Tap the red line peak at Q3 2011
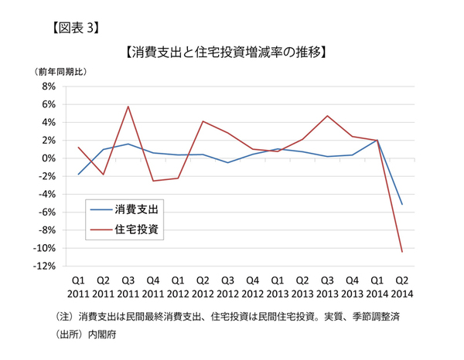(128, 107)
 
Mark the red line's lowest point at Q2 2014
(402, 252)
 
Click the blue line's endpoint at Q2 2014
(402, 205)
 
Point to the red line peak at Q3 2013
(328, 116)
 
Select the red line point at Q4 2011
(153, 181)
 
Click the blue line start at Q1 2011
(78, 175)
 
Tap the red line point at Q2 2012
(203, 121)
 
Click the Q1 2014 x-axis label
(377, 287)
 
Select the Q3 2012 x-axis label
(227, 287)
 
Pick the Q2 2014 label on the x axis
(402, 287)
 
